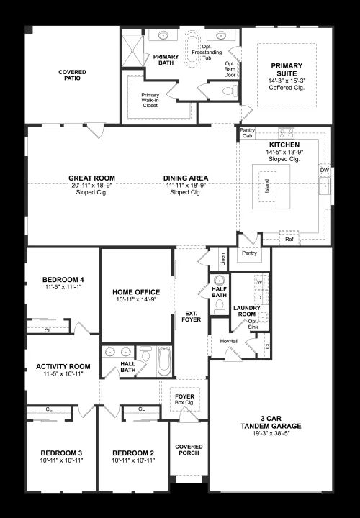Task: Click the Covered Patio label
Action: (72, 75)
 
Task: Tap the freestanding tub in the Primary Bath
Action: (192, 49)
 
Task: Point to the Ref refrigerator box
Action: (289, 239)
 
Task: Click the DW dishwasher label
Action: (324, 171)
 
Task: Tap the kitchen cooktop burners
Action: (287, 133)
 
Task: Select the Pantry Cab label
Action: (247, 133)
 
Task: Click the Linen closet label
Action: (223, 259)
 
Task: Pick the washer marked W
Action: (259, 283)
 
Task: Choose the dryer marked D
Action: (259, 297)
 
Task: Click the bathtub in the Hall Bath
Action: (164, 361)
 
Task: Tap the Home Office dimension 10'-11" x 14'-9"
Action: (136, 299)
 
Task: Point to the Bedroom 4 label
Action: (63, 279)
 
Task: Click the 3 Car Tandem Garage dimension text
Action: (271, 433)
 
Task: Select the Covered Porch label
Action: (189, 450)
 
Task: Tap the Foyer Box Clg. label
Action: (185, 399)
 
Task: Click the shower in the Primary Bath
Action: (133, 51)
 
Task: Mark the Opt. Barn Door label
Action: (230, 69)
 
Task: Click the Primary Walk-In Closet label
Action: (150, 100)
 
